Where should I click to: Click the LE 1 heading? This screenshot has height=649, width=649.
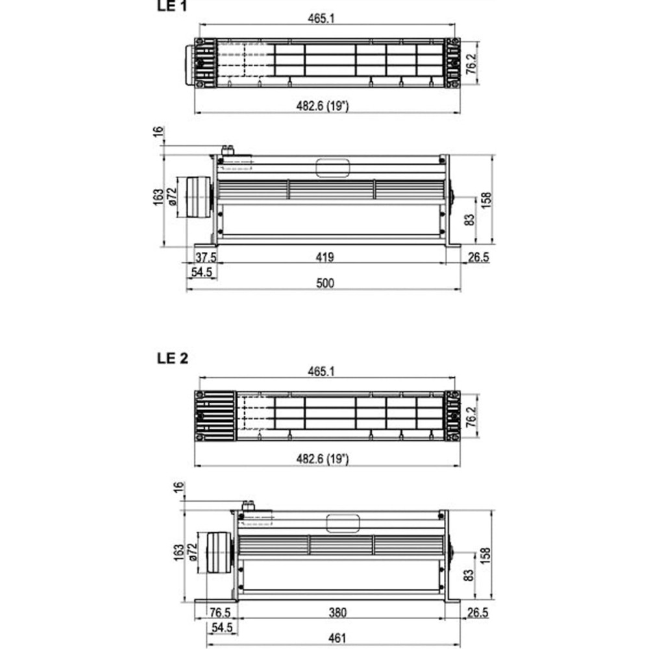172,6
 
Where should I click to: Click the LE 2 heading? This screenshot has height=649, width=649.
173,358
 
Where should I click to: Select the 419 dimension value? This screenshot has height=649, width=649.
325,258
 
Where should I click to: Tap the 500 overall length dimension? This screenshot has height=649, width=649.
325,284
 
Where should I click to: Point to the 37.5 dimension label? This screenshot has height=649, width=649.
206,258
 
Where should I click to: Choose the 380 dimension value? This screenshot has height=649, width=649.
337,613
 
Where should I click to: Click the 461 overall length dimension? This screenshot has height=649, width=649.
337,639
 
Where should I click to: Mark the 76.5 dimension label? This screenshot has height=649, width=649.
220,613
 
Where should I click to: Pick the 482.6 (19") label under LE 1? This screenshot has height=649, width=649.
323,106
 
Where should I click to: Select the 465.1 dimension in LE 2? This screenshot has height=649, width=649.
321,372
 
